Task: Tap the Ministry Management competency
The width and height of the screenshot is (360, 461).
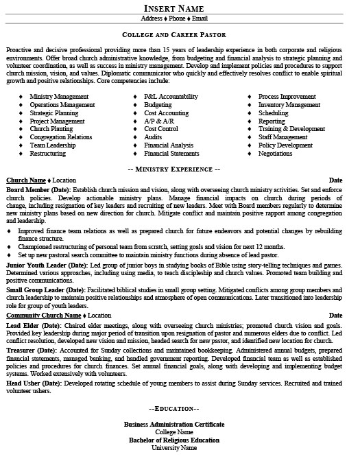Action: tap(59, 97)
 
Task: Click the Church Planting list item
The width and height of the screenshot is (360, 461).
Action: tap(52, 128)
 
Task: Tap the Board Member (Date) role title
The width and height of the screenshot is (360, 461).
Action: tap(38, 188)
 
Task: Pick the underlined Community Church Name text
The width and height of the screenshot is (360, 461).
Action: tap(44, 315)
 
